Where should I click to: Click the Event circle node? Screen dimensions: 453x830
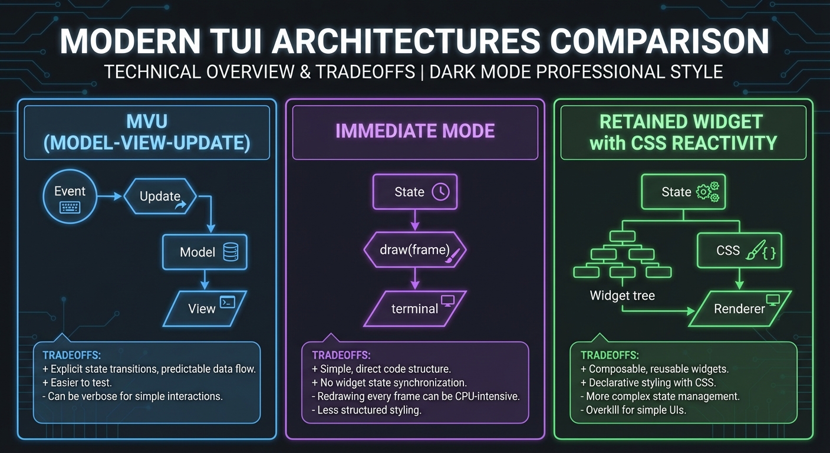point(70,198)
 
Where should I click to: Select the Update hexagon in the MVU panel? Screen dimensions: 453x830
point(160,196)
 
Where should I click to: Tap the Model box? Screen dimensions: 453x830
point(205,252)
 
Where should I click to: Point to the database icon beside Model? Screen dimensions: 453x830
point(231,252)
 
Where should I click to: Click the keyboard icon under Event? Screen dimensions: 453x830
point(70,207)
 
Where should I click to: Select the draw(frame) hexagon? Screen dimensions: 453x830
point(415,250)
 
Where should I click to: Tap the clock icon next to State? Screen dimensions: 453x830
point(440,192)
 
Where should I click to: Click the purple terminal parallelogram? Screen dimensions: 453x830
point(415,308)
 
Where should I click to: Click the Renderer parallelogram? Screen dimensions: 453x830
point(739,308)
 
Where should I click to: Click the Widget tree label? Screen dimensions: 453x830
point(622,296)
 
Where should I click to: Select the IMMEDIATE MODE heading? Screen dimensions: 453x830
point(415,131)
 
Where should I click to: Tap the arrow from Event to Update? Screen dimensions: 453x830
point(110,198)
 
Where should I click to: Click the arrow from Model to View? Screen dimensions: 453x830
point(205,280)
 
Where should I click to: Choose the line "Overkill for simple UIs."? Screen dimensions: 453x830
point(635,409)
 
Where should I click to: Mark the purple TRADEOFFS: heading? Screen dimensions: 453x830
point(341,355)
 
